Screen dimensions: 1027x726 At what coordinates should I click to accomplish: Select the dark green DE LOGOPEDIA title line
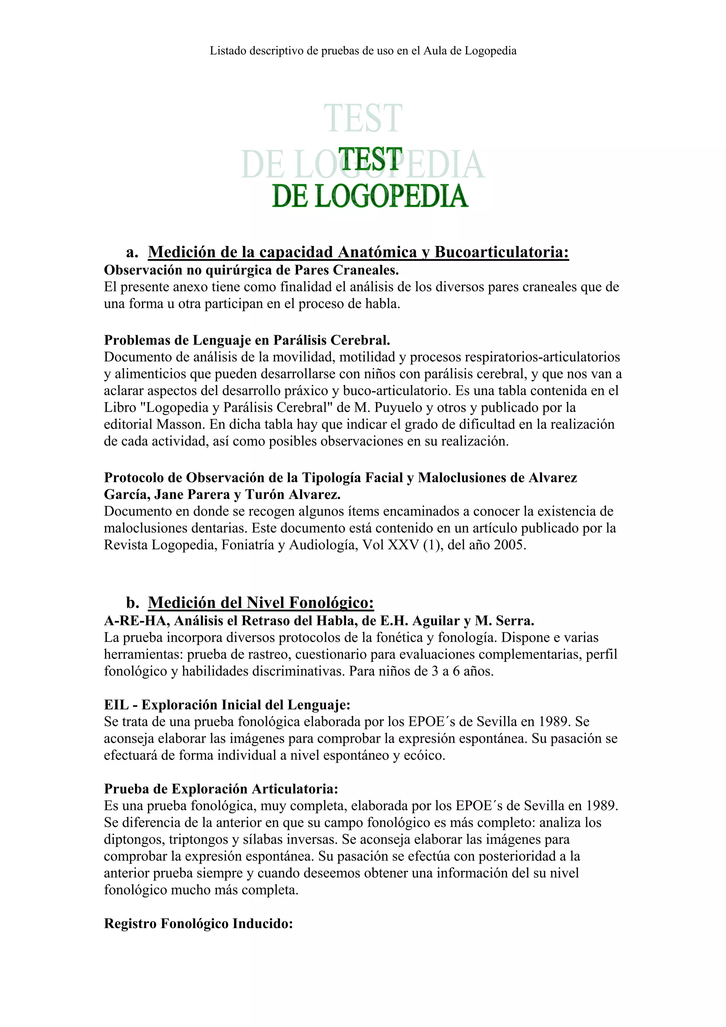point(370,196)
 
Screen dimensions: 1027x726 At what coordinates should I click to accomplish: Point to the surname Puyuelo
point(403,408)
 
